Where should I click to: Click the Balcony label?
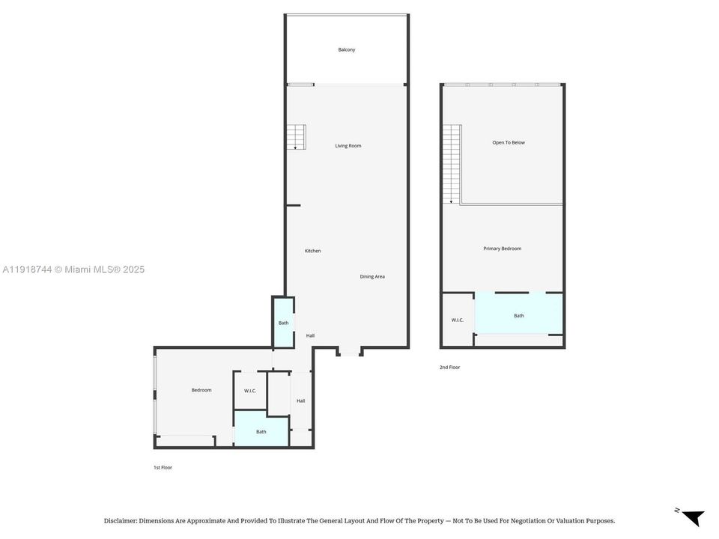tap(346, 50)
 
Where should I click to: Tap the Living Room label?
tap(348, 146)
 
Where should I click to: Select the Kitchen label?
tap(312, 251)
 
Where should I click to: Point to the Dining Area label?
tap(372, 277)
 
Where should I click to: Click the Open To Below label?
tap(508, 142)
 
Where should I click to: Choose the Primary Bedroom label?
tap(502, 249)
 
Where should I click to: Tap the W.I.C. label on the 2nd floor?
tap(457, 320)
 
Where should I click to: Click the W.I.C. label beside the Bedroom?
tap(250, 391)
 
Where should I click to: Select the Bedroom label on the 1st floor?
tap(201, 390)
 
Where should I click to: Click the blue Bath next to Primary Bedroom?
tap(519, 316)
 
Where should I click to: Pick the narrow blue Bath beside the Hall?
tap(283, 323)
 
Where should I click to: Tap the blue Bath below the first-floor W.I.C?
tap(261, 432)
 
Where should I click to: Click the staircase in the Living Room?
tap(296, 137)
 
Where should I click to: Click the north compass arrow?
tap(693, 517)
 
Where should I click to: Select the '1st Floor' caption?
tap(163, 468)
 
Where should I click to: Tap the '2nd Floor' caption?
tap(449, 368)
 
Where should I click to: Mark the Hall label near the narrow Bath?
tap(310, 335)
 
